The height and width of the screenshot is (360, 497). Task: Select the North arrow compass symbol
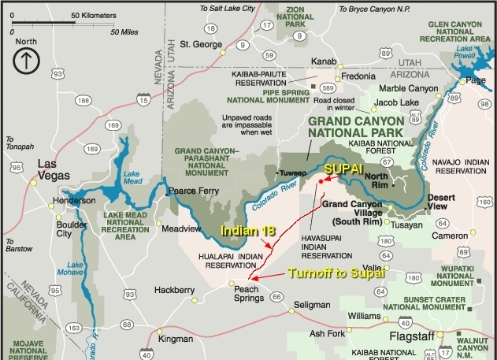[x=26, y=59]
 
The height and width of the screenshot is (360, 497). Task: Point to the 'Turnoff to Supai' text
[x=336, y=274]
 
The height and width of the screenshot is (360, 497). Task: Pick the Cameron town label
[x=451, y=236]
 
